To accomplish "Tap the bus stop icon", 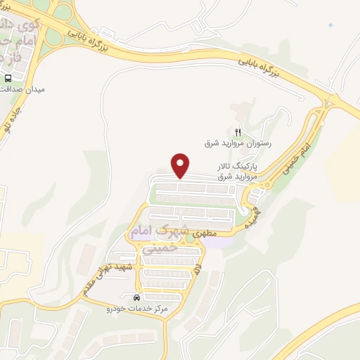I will click(8, 78).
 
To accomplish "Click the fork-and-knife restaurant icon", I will click(238, 131).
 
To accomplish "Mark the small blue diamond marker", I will click(331, 25).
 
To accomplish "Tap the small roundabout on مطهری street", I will click(190, 237).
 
